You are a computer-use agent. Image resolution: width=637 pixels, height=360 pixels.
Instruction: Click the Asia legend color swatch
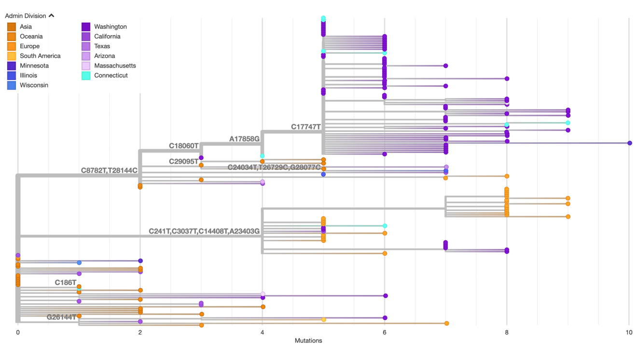12,27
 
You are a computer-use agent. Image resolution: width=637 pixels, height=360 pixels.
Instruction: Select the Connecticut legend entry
111,75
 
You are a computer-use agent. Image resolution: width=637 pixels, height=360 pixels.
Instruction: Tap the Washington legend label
111,27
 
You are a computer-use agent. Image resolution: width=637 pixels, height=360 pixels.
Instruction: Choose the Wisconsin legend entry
34,85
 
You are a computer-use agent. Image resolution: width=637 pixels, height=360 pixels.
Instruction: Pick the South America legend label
40,56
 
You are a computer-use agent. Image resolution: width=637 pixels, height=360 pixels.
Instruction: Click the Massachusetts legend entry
115,66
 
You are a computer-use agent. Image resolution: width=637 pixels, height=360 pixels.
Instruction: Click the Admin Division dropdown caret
52,16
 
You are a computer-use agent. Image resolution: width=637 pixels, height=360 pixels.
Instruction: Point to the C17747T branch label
305,127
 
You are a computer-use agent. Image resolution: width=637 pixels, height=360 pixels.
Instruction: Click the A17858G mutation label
244,139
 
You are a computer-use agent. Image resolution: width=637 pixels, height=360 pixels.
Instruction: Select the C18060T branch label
183,146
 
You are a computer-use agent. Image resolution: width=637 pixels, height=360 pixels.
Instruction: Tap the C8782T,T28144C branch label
109,170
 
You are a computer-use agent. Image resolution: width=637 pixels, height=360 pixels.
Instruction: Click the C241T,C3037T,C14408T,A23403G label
204,232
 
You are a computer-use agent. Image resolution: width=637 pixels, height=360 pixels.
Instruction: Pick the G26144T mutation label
61,317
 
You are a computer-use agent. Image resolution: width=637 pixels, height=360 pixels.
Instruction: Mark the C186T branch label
65,282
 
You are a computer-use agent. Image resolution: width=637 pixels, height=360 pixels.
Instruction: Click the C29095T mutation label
183,161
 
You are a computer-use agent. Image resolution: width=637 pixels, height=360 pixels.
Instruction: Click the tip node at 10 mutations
629,143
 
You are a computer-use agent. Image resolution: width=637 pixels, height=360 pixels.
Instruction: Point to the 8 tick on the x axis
507,332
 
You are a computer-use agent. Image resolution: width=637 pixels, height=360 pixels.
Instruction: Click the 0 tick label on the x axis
18,332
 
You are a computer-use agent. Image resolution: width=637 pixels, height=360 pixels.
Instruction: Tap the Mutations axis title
308,341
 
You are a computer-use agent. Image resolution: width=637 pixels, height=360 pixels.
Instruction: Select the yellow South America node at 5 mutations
323,319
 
